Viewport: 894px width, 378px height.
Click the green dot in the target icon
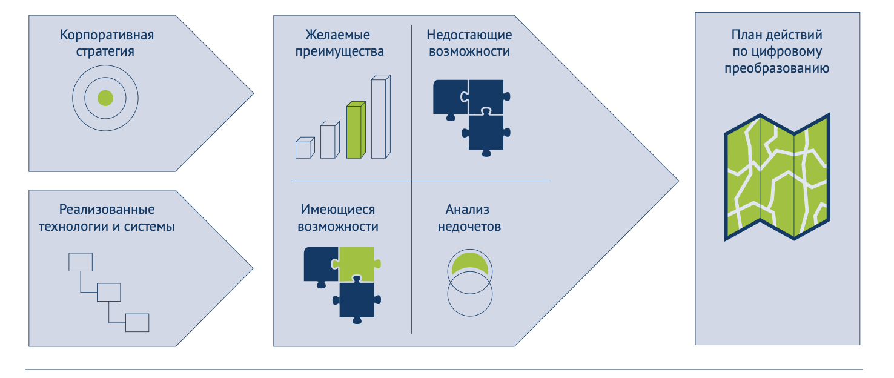pyautogui.click(x=105, y=98)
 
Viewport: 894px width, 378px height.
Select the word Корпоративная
pyautogui.click(x=107, y=35)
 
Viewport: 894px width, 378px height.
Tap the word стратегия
pyautogui.click(x=105, y=51)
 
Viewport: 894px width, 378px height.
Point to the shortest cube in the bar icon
pyautogui.click(x=305, y=148)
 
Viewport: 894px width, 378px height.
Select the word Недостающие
pyautogui.click(x=469, y=35)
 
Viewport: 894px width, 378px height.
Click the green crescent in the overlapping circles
pyautogui.click(x=469, y=262)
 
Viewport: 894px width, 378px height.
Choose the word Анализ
pyautogui.click(x=467, y=210)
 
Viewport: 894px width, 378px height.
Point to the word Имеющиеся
pyautogui.click(x=338, y=210)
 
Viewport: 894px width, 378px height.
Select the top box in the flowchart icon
pyautogui.click(x=80, y=262)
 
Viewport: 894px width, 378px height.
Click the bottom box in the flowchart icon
pyautogui.click(x=137, y=322)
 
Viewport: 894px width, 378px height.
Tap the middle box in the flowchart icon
pyautogui.click(x=109, y=292)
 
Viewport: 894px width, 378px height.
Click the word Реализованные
pyautogui.click(x=107, y=210)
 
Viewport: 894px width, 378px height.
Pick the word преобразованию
pyautogui.click(x=777, y=68)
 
